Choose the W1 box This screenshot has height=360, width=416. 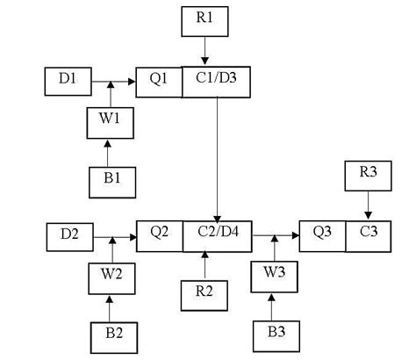[x=110, y=123]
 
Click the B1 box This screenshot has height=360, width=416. [x=110, y=180]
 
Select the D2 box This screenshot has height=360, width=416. [x=68, y=235]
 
